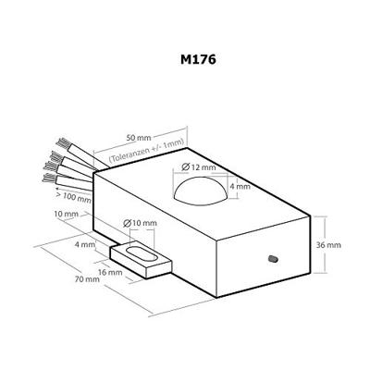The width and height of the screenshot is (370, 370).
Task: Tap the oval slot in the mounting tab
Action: [x=142, y=256]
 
